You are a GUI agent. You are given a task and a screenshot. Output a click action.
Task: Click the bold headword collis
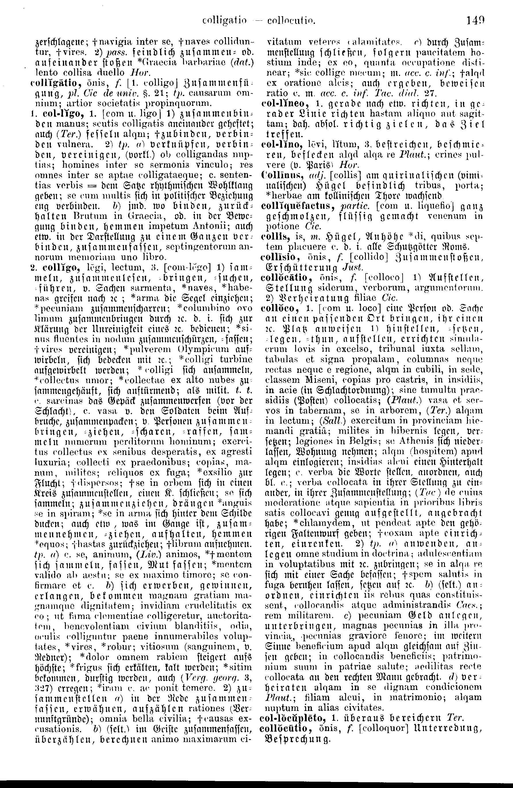[x=272, y=236]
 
